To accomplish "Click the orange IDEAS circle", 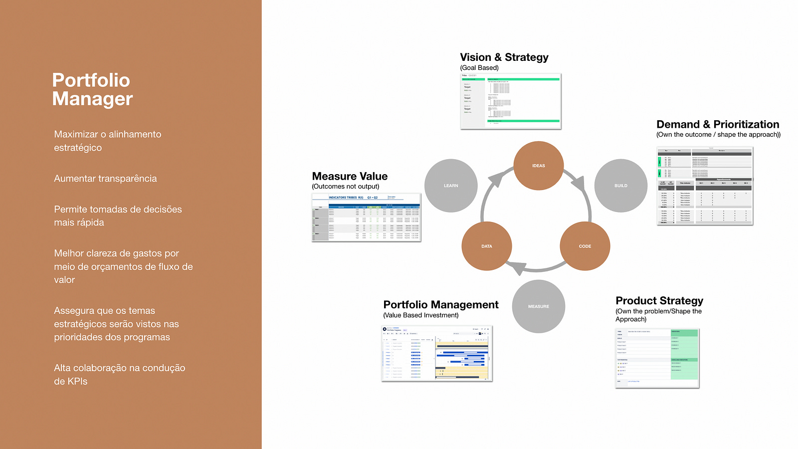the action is coord(538,166).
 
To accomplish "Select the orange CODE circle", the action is coord(585,246).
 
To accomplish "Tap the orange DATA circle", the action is coord(487,246).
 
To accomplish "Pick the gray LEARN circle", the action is coord(451,186).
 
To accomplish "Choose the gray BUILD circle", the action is coord(620,186).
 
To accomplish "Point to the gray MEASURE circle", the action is coord(538,306).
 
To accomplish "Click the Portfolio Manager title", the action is coord(92,89).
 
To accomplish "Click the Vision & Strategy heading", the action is coord(504,57).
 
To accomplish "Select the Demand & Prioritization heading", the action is coord(717,124).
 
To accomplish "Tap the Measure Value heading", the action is coord(350,176).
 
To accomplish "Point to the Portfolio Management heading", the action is coord(441,305).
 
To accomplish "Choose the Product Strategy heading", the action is coord(659,301).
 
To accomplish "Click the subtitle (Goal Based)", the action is coord(479,68).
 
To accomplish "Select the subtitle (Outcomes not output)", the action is coord(345,187).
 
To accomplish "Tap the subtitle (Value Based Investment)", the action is coord(420,315).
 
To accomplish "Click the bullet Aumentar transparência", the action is coord(105,179).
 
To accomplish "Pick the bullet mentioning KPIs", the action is coord(119,374).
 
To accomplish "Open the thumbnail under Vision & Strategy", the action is coord(511,101).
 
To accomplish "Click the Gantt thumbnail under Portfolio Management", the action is coord(437,353).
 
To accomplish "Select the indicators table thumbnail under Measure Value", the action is coord(366,218).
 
